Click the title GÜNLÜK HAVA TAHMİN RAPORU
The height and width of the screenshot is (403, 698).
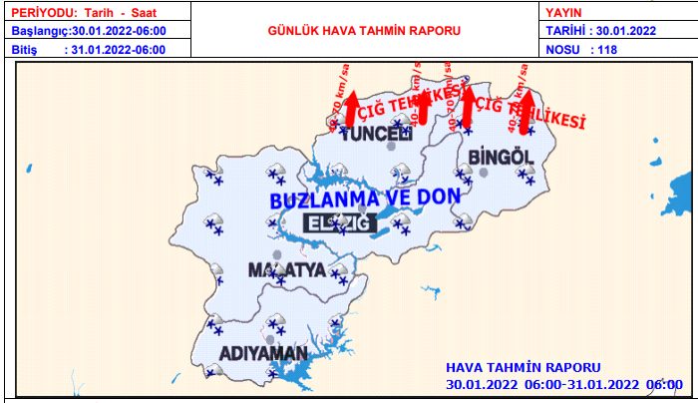tap(365, 31)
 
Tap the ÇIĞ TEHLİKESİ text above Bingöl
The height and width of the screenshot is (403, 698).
tap(528, 112)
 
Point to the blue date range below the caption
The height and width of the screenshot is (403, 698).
tap(563, 384)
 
